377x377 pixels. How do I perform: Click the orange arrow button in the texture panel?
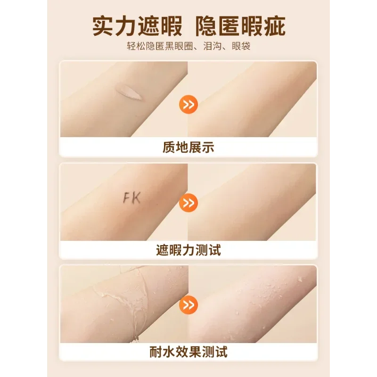point(188,105)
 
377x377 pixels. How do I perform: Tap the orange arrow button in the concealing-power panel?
point(188,204)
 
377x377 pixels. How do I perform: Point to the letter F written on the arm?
point(126,198)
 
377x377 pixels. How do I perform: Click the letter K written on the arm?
point(136,198)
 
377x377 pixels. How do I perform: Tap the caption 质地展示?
point(188,148)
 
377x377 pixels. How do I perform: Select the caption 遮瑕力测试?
point(188,250)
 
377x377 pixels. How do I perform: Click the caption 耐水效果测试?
point(188,351)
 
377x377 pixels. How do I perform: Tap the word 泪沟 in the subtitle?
point(221,47)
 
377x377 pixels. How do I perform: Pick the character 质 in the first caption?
point(169,148)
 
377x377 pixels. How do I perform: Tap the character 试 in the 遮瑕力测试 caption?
point(214,250)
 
